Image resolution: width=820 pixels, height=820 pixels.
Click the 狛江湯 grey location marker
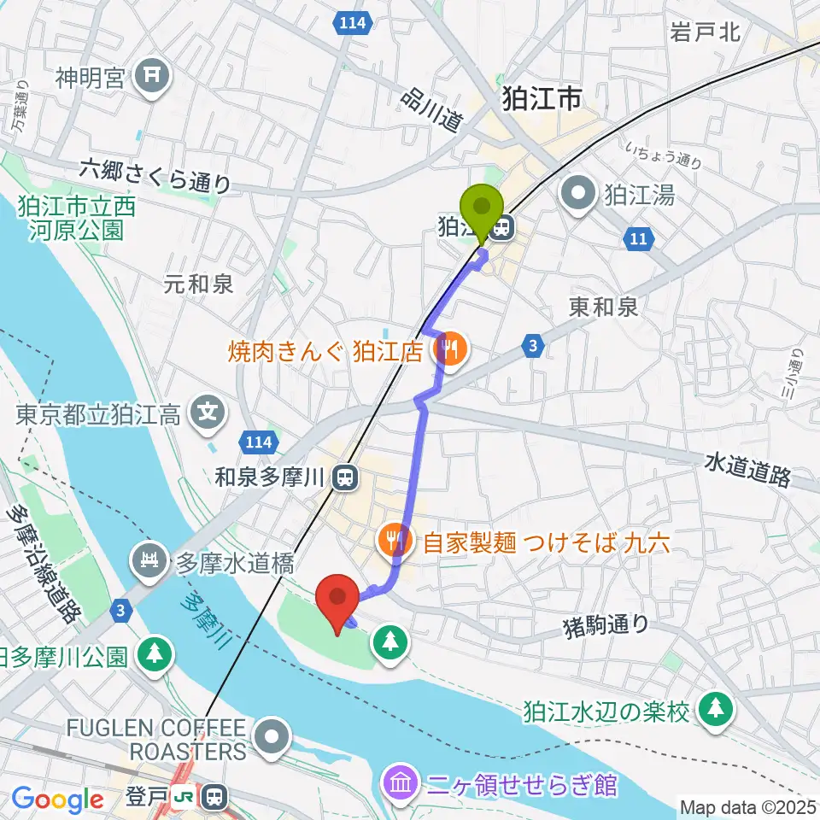coord(579,195)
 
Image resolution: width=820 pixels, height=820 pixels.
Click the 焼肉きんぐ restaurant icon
coord(449,349)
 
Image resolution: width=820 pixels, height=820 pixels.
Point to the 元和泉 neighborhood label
coord(199,284)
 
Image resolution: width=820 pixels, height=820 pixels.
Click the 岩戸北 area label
coord(705,32)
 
